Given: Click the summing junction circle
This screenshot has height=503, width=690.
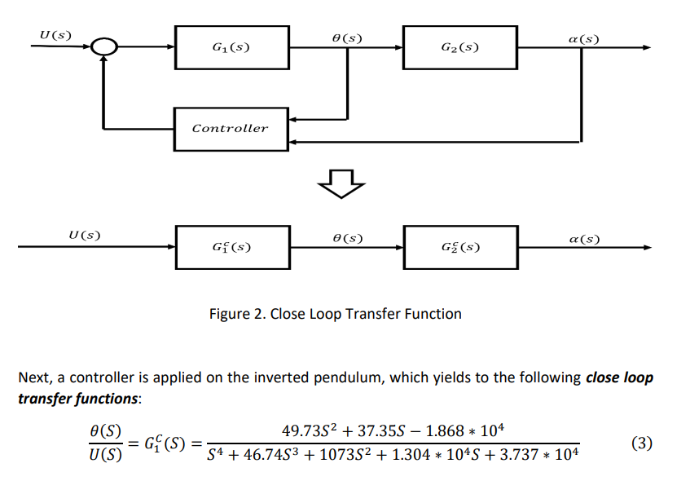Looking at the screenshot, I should point(103,47).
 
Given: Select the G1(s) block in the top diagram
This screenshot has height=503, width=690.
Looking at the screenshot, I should point(231,47).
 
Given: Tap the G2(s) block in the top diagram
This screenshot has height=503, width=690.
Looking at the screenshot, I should point(459,47).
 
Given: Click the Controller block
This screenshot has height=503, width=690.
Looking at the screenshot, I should point(231,129).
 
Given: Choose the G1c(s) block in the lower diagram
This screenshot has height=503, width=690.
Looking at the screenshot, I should point(231,246).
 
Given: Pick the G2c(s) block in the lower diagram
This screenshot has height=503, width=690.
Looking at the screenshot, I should point(459,246).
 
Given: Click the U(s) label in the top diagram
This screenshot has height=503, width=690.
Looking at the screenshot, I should point(55,34).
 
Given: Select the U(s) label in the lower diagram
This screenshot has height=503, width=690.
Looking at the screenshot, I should point(84,236).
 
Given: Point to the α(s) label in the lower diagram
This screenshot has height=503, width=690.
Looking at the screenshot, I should point(583,239).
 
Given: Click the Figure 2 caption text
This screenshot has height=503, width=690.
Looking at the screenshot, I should point(336,314).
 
